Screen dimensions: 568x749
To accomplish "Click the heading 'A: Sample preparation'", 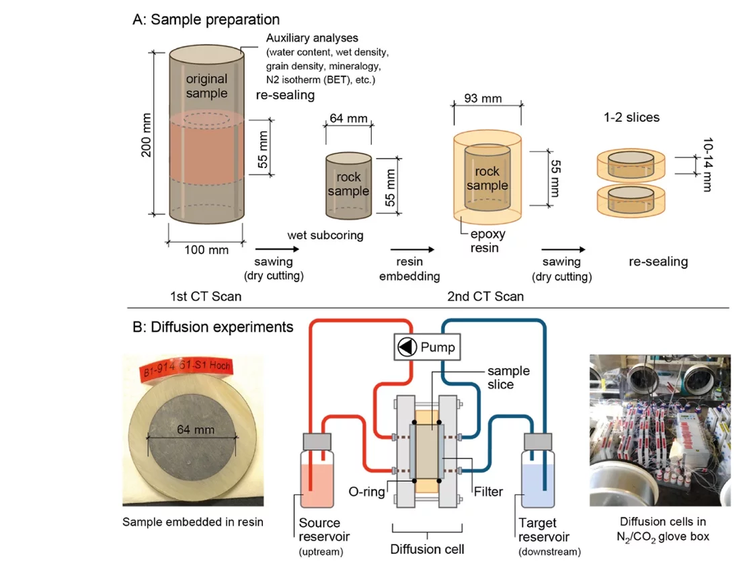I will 206,19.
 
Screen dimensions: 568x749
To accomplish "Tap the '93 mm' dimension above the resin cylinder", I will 483,99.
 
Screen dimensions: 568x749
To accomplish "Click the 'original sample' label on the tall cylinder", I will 206,86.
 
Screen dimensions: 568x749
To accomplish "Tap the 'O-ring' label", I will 368,491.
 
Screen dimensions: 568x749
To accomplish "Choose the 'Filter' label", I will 487,491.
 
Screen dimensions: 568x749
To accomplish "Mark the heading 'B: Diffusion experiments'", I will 213,327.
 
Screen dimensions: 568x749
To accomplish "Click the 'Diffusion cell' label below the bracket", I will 427,549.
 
